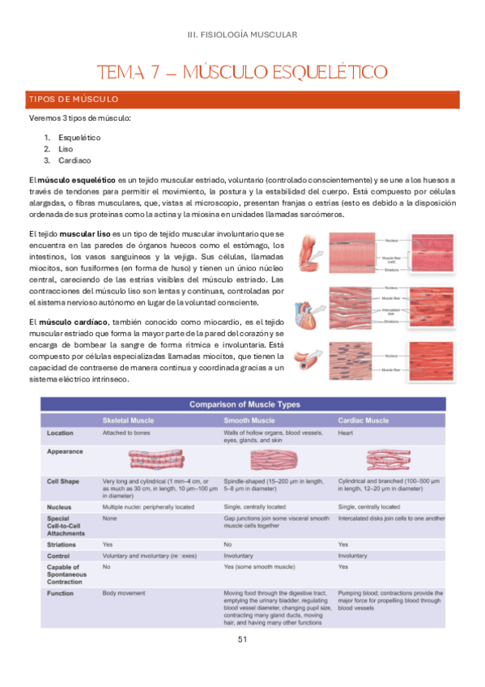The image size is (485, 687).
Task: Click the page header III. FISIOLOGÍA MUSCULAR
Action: click(242, 35)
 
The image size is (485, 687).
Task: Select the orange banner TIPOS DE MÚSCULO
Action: click(74, 100)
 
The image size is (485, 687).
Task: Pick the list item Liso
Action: click(66, 150)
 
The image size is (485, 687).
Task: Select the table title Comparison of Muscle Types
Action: click(244, 404)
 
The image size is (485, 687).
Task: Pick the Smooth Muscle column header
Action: click(251, 421)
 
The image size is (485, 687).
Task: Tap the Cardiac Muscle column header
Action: click(364, 421)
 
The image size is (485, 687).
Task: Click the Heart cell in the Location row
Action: click(346, 433)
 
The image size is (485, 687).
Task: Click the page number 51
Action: click(242, 639)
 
